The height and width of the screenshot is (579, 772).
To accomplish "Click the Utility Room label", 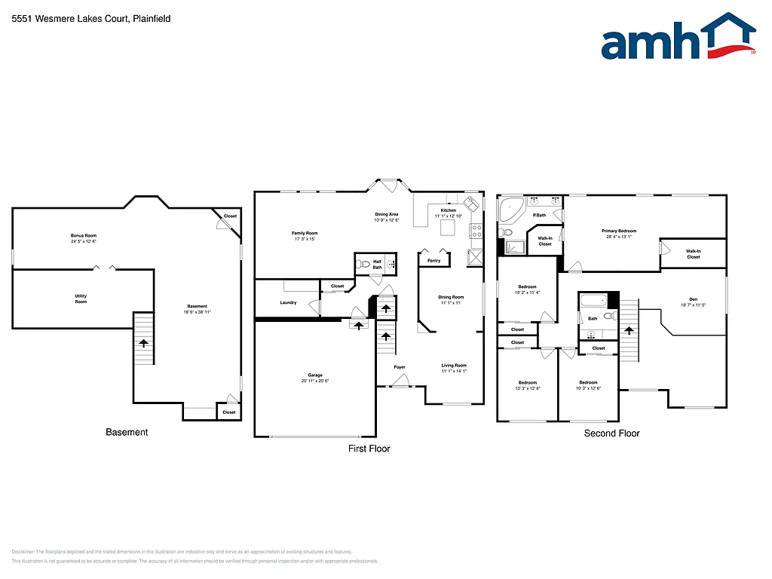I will pos(81,299).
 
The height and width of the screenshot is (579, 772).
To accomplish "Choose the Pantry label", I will pos(433,261).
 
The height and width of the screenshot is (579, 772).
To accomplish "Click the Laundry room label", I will pos(288,302).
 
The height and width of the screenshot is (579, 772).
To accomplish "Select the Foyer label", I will pos(400,367).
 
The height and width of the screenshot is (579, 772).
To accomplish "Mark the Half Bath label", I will pos(377,265).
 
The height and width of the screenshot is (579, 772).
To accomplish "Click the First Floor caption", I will pos(369,449).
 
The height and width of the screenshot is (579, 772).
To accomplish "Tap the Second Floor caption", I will pos(611,433).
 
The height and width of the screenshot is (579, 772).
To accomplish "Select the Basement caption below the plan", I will pos(127,433).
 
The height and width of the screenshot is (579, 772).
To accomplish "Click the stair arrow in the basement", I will pos(142,343).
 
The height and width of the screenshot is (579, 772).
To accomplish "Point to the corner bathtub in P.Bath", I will pos(512,207).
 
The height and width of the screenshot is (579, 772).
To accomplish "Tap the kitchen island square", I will pos(449,227).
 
